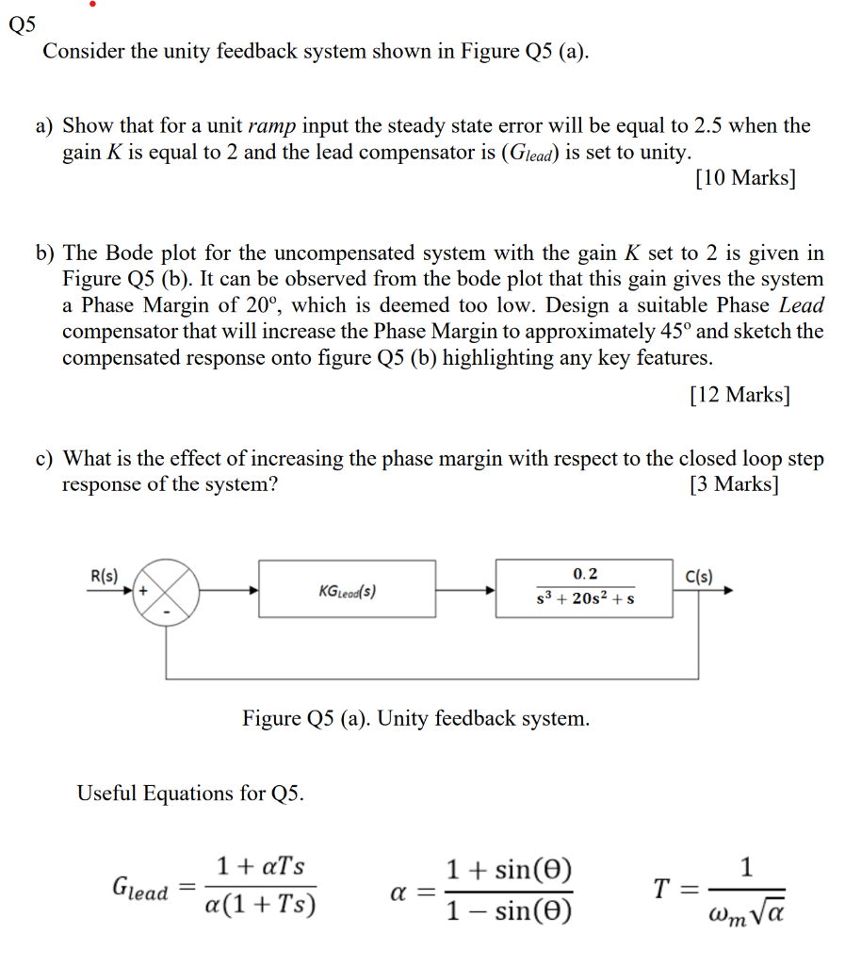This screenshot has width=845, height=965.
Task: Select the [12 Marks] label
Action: (739, 395)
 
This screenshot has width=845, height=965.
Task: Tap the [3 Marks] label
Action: (734, 484)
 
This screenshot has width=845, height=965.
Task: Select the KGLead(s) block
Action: (347, 590)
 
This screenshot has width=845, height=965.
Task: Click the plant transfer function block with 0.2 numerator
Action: (584, 588)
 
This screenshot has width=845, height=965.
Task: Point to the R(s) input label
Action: (104, 574)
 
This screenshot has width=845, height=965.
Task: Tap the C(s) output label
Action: (699, 574)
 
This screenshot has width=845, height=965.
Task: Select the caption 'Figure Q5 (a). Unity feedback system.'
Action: (415, 719)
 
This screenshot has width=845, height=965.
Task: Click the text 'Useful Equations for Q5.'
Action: (190, 793)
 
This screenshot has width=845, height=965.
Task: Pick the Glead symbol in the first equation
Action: (139, 889)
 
